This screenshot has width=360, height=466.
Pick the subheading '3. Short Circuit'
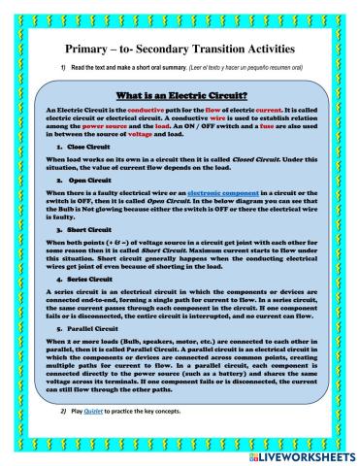click(82, 227)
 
